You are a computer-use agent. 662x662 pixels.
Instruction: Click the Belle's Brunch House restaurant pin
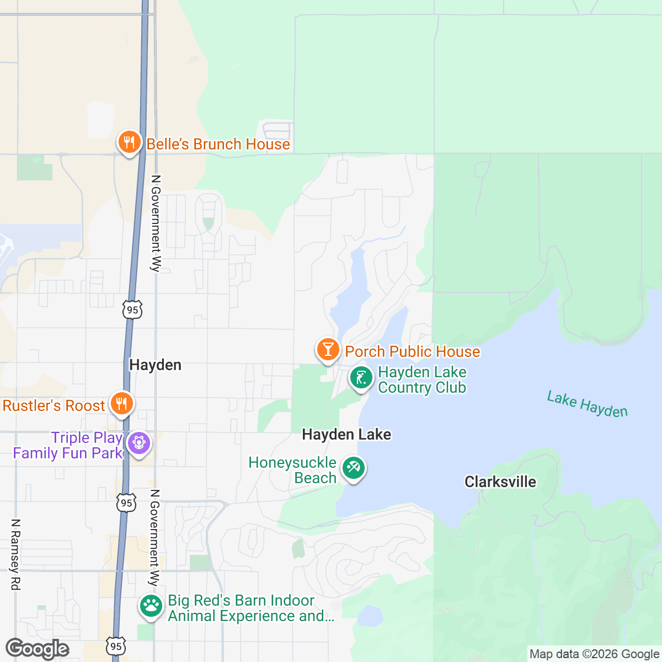[129, 143]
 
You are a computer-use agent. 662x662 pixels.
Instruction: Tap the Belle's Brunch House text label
[218, 144]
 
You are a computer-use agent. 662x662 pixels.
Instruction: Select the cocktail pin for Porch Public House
[328, 350]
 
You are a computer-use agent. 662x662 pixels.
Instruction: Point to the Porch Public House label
[413, 351]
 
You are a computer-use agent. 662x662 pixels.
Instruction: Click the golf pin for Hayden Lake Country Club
[361, 378]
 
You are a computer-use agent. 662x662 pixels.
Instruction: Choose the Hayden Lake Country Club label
[422, 380]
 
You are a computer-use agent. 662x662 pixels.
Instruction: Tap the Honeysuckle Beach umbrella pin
[353, 469]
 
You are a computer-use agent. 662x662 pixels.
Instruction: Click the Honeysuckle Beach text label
[292, 470]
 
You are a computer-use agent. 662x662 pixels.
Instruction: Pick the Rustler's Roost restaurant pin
[121, 404]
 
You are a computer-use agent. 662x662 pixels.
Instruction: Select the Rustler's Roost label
[54, 405]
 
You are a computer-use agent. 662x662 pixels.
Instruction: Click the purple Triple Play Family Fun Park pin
[138, 443]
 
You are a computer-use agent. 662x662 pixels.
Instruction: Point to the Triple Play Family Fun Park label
[68, 445]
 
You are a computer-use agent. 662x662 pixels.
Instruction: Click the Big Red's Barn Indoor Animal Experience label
[251, 608]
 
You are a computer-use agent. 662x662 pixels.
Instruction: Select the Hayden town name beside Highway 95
[155, 365]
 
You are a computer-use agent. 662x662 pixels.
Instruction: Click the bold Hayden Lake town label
[346, 435]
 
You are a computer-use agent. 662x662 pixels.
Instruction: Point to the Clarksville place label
[500, 482]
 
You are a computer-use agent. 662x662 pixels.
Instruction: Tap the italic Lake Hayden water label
[587, 404]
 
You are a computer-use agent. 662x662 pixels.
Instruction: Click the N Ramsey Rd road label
[15, 554]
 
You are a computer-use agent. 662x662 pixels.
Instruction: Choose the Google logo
[38, 649]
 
